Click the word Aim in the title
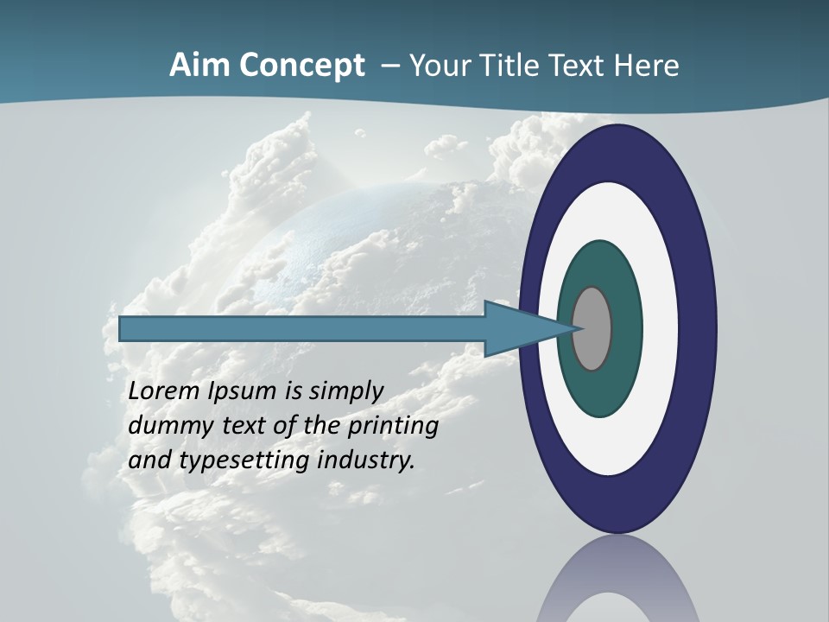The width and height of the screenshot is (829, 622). click(200, 66)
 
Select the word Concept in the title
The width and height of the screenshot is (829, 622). click(302, 66)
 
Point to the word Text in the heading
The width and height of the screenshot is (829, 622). click(580, 66)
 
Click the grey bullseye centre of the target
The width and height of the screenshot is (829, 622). click(592, 328)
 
